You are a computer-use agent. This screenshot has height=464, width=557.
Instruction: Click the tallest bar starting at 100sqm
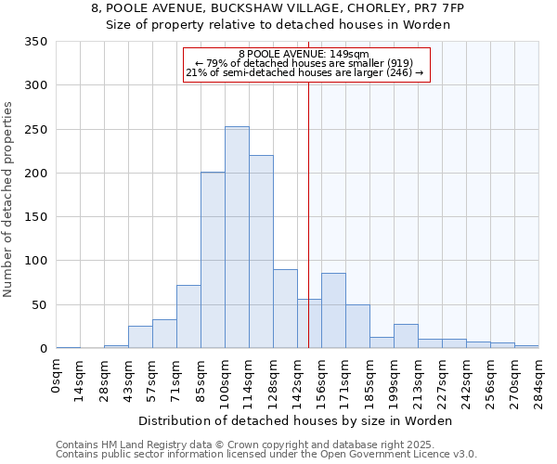237,238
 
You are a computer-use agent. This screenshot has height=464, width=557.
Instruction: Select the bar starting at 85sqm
213,260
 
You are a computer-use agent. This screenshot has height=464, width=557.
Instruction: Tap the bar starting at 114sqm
261,251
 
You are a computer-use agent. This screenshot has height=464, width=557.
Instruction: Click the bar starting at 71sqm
188,316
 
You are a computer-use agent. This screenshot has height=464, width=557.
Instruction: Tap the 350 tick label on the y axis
35,42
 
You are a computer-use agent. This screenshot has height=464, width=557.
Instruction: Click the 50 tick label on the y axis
39,305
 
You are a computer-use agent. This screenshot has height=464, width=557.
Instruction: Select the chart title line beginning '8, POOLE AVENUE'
278,7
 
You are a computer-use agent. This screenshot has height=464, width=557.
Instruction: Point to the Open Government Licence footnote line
266,455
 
